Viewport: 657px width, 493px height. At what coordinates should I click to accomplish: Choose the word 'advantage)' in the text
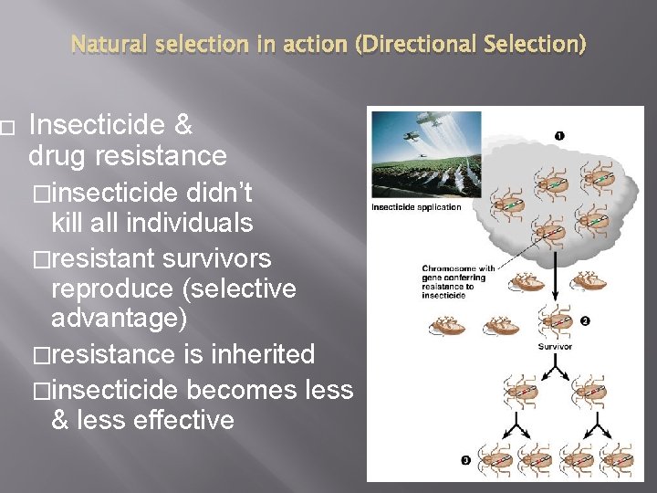pos(119,319)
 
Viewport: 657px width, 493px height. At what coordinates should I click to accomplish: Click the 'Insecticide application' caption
pos(416,207)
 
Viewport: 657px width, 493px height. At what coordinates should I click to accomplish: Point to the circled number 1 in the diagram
pos(558,135)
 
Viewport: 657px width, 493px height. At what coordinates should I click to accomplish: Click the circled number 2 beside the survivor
pos(584,320)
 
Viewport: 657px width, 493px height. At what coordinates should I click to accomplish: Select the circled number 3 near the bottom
pos(465,461)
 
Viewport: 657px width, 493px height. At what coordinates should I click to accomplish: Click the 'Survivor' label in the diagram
pos(555,347)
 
